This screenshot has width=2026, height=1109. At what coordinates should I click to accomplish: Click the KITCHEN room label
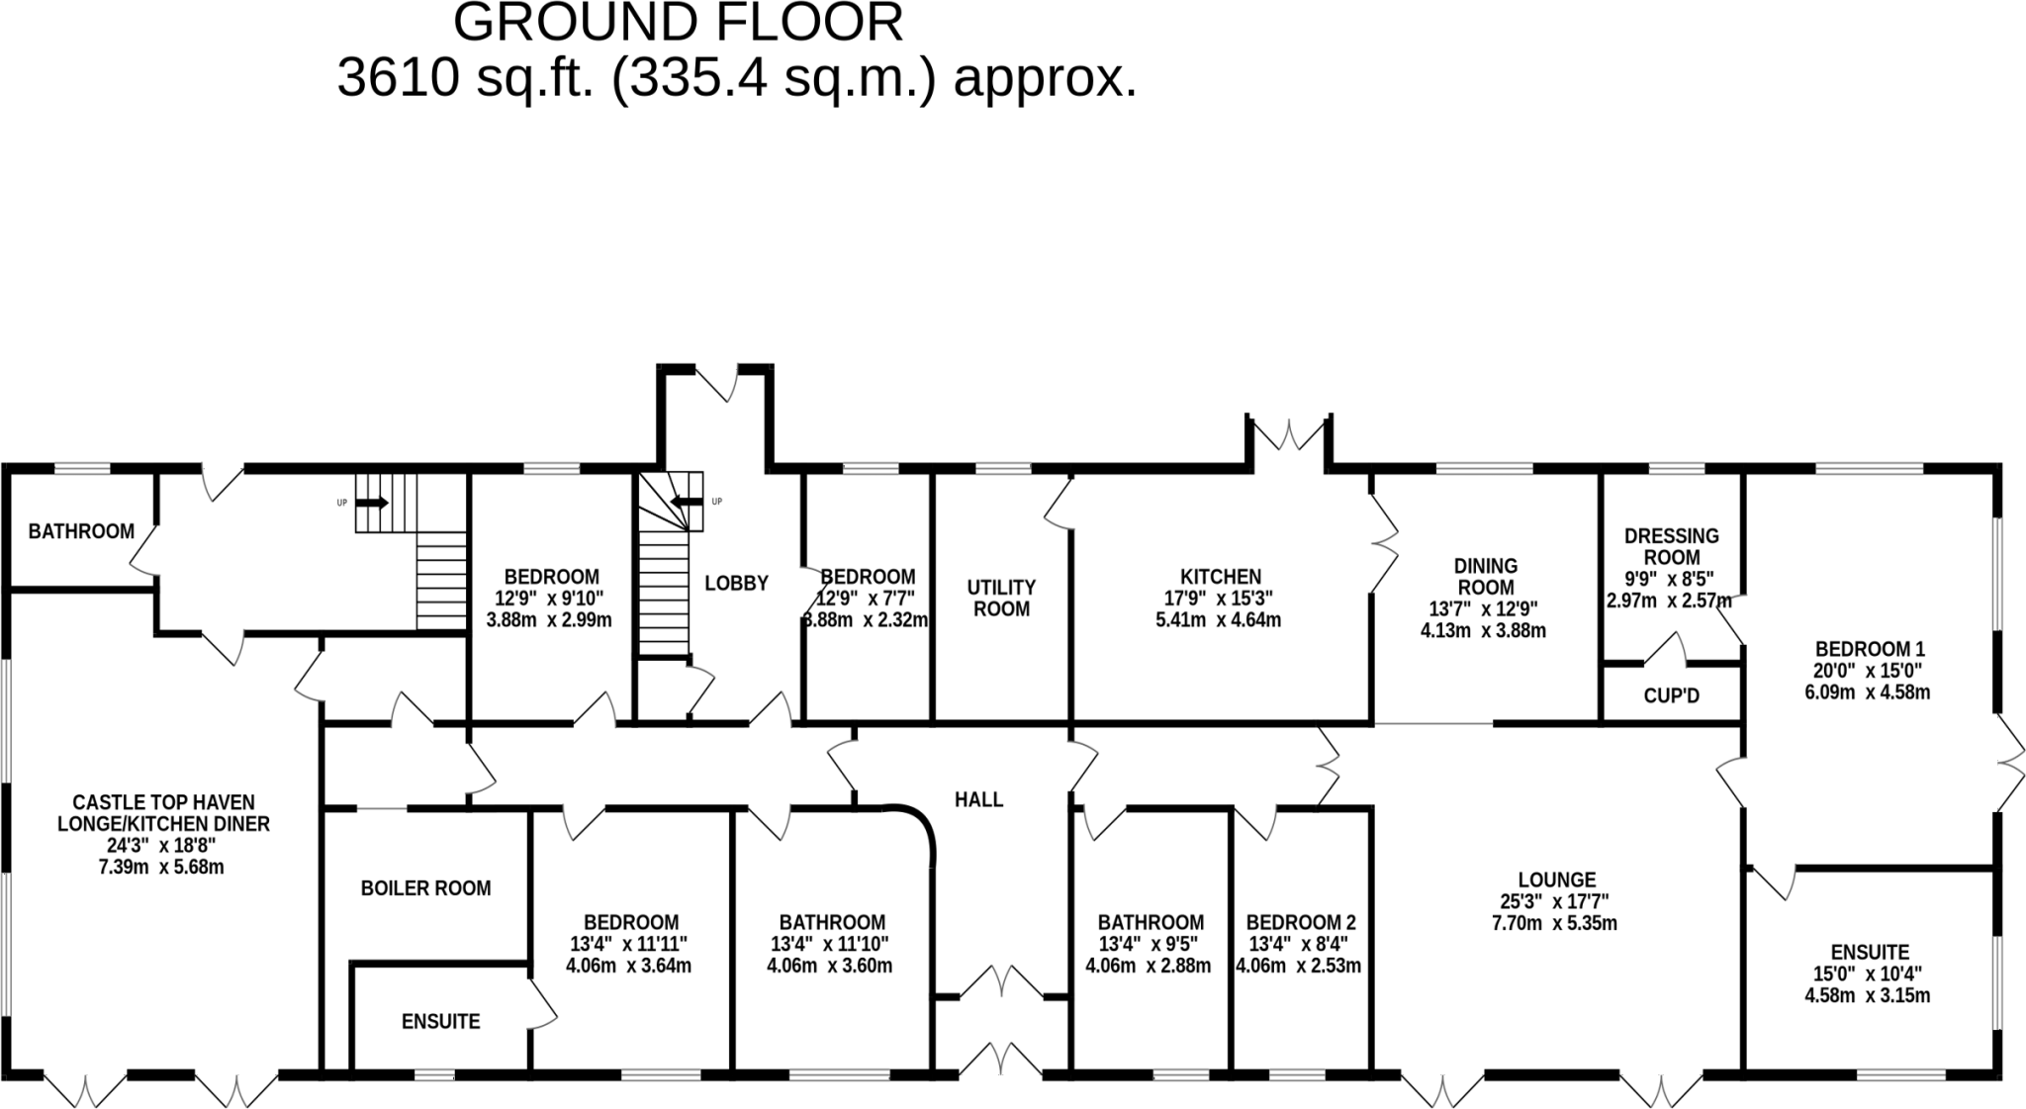[1221, 577]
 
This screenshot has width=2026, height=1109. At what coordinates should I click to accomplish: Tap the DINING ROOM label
[1485, 576]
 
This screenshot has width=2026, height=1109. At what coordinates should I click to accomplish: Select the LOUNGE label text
[1557, 879]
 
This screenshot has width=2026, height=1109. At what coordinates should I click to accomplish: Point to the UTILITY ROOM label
[1001, 599]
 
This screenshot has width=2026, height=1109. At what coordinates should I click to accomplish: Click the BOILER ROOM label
[425, 888]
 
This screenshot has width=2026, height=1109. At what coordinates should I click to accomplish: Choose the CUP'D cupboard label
[1671, 696]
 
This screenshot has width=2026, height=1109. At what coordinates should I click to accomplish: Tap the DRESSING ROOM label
[1671, 546]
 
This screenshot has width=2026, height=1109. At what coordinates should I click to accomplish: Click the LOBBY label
[736, 584]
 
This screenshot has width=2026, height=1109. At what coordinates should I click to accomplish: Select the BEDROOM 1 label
[1869, 650]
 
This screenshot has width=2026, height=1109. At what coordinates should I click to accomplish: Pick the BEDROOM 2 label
[1300, 923]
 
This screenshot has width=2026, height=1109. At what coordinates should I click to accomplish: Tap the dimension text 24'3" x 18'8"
[162, 846]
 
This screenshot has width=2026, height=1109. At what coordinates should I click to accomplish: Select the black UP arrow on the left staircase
[372, 503]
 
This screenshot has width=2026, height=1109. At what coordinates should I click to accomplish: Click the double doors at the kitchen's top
[1289, 434]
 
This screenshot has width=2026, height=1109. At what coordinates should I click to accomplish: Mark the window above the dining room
[1484, 468]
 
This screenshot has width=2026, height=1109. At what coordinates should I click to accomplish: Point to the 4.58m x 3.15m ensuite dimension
[1869, 996]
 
